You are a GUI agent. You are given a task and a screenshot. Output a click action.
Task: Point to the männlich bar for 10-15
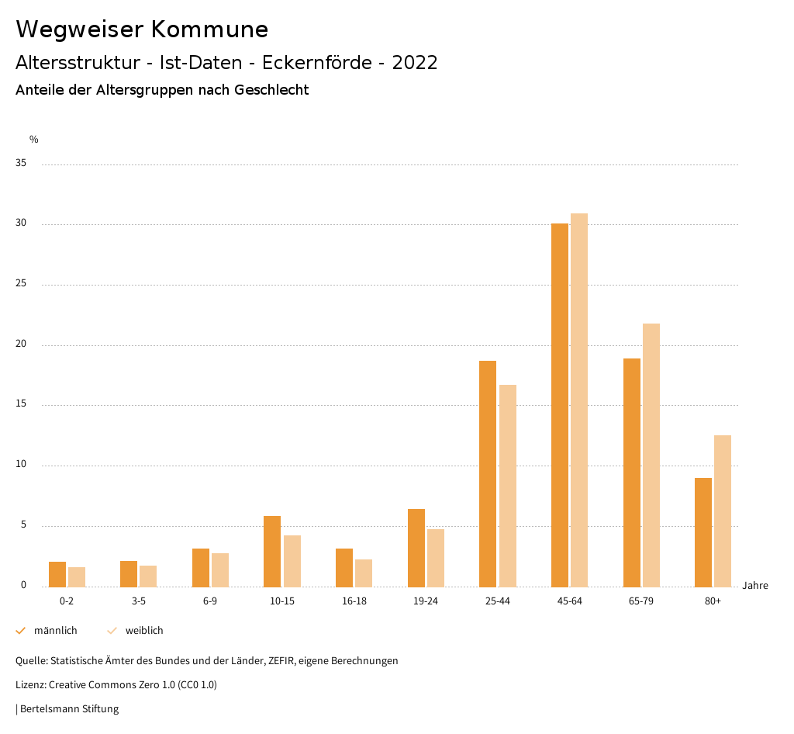(x=272, y=552)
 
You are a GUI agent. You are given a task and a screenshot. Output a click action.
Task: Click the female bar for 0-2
(x=77, y=577)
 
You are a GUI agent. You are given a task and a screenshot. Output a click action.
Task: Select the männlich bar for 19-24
(x=416, y=548)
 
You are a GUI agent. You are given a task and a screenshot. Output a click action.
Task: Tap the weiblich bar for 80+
(x=723, y=511)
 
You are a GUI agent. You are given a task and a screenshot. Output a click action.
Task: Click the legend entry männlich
(x=55, y=631)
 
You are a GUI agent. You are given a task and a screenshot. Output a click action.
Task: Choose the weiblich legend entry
(x=144, y=631)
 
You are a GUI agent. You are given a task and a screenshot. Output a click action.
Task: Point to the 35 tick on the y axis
(x=21, y=164)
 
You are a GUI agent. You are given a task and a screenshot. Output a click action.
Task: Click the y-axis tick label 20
(x=21, y=344)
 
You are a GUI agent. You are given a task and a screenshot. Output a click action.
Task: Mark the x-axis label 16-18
(x=354, y=601)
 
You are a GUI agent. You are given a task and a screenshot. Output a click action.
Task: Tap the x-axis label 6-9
(x=210, y=601)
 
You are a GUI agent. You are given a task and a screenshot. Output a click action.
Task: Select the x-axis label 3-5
(x=139, y=601)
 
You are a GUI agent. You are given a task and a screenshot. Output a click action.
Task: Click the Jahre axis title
(x=755, y=586)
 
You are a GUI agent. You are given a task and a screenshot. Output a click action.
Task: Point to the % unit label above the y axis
(x=34, y=140)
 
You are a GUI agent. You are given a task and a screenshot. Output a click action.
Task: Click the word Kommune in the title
(x=210, y=29)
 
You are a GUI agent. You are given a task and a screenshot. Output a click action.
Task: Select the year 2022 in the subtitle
(x=415, y=63)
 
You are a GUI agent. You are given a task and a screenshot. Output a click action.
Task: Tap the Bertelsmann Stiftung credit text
(x=69, y=709)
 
